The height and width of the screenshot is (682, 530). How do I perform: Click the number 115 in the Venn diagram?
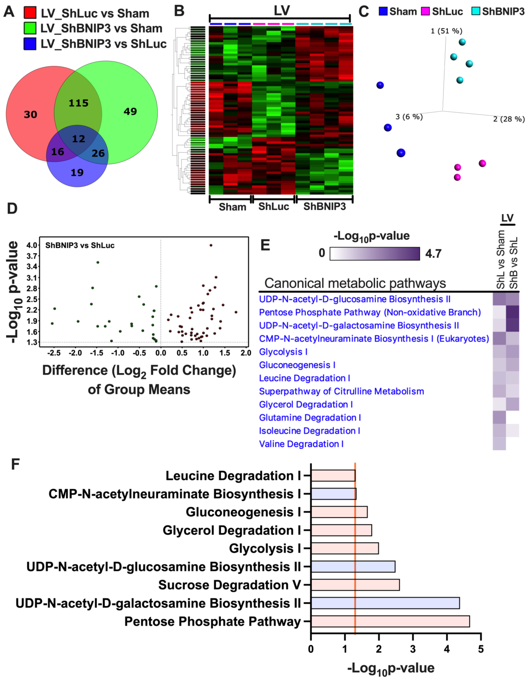pos(79,103)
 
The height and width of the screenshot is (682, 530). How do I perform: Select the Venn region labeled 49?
pos(130,112)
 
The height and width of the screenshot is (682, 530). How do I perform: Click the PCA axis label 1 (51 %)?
pos(446,31)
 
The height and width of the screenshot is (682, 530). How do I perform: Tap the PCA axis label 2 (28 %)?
pos(509,119)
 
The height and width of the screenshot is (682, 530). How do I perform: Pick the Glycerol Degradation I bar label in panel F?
pos(231,530)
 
